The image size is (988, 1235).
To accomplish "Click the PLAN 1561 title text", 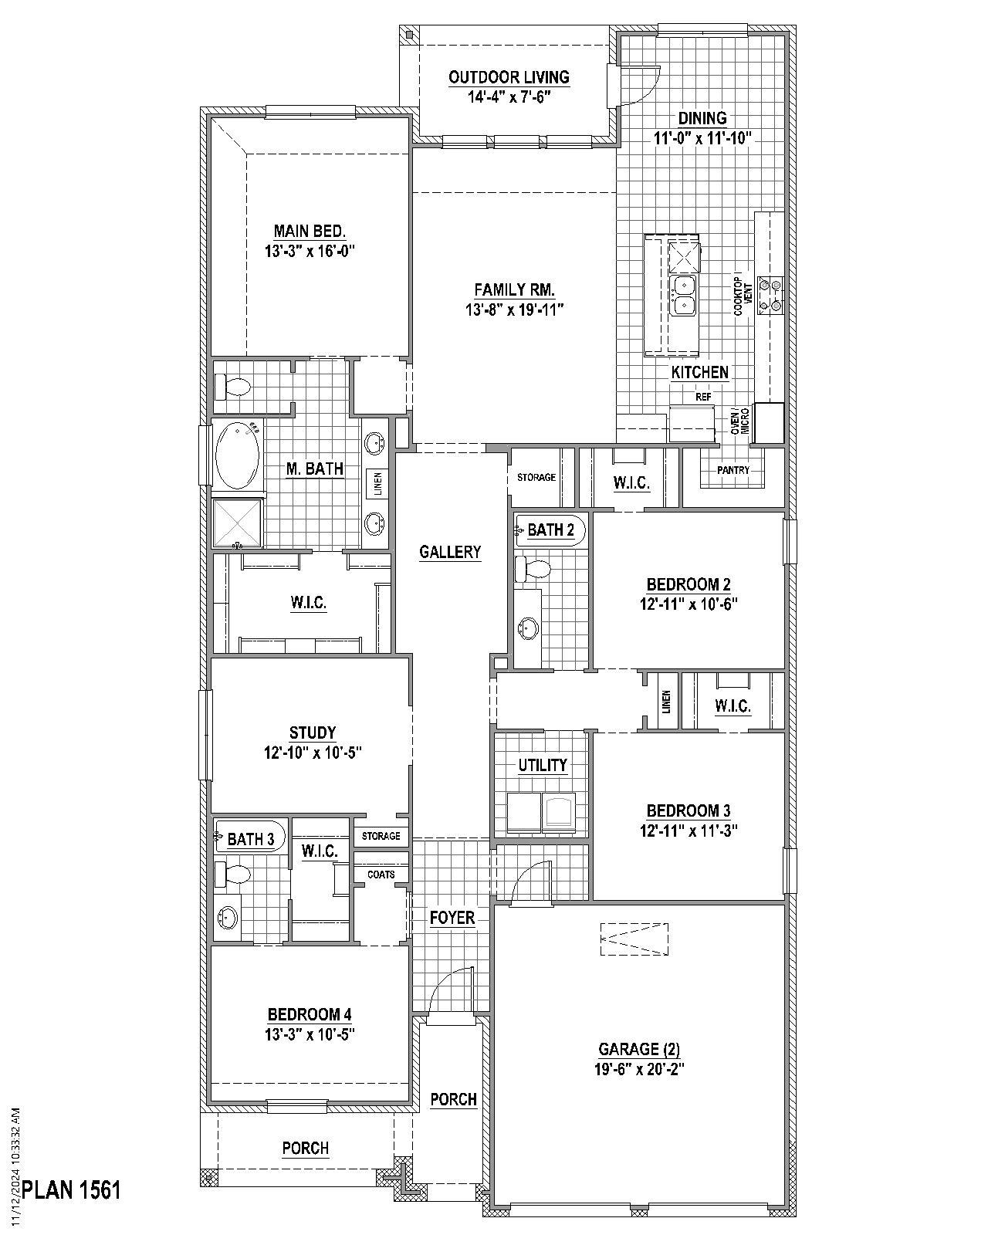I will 71,1189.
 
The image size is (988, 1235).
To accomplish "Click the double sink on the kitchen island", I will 683,296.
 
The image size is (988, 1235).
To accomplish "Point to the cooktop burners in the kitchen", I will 771,294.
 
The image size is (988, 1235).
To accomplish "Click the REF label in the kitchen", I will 702,397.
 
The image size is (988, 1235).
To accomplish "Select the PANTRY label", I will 733,470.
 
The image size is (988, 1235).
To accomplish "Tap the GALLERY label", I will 450,552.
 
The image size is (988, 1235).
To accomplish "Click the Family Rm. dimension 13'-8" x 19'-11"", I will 514,310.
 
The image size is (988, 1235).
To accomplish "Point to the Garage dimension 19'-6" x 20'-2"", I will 638,1069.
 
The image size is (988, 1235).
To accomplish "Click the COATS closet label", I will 381,875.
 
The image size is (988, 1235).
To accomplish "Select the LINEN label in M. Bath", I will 378,484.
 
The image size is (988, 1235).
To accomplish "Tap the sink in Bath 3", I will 228,919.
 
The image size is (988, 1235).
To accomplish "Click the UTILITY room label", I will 542,765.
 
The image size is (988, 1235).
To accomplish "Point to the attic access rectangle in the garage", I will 634,939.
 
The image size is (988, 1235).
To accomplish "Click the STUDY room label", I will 312,733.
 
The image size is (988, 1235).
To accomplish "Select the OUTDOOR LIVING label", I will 509,77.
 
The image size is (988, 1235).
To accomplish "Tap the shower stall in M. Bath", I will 238,524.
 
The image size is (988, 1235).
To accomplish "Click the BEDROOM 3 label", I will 688,810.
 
